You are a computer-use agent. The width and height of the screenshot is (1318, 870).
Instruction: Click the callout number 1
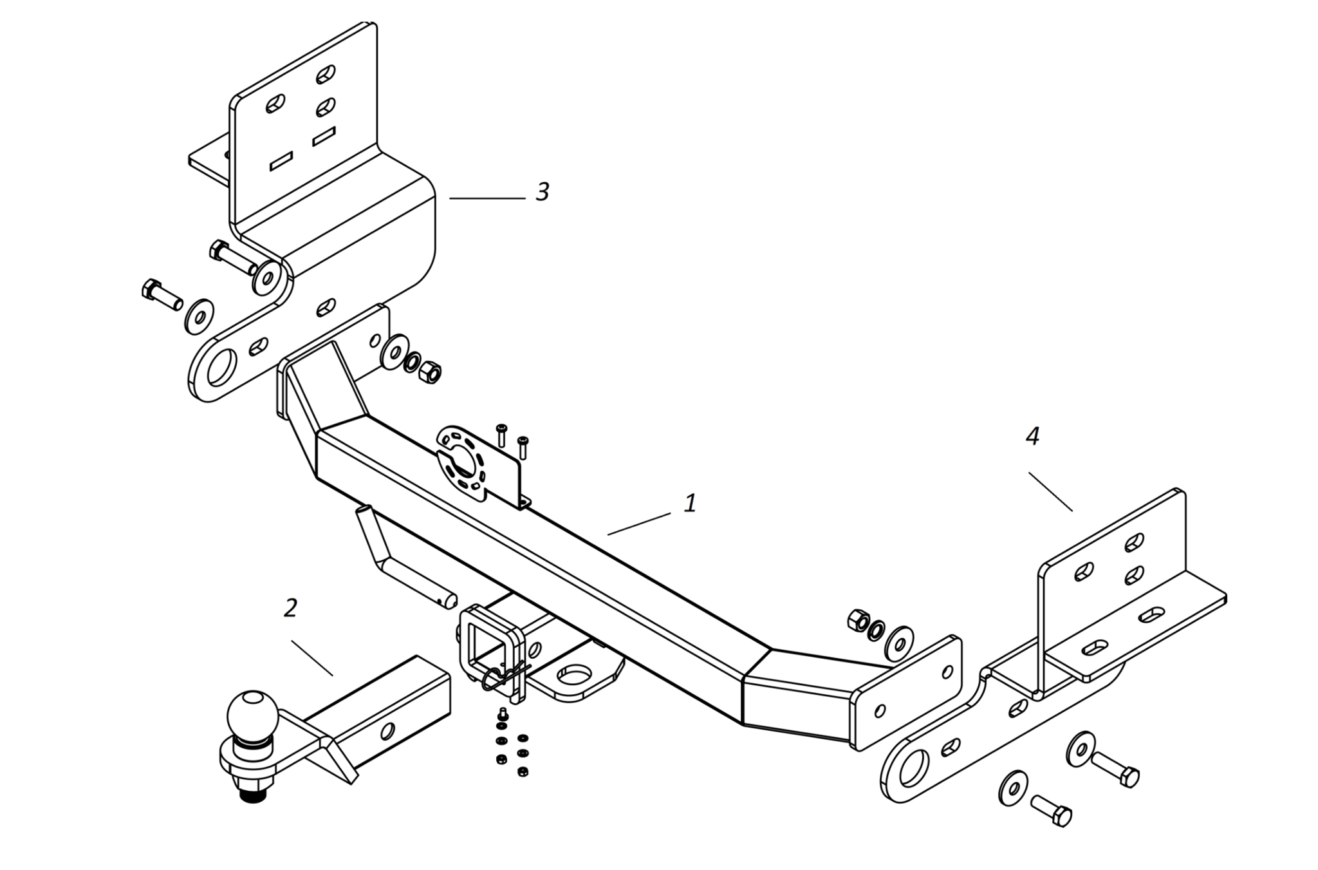pyautogui.click(x=690, y=503)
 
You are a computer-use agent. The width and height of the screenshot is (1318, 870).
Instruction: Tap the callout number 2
pyautogui.click(x=291, y=607)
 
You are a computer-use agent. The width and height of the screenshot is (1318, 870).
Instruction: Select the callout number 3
pyautogui.click(x=543, y=191)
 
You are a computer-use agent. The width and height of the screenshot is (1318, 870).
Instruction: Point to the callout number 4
pyautogui.click(x=1032, y=436)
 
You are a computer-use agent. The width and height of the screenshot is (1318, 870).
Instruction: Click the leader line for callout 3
pyautogui.click(x=487, y=198)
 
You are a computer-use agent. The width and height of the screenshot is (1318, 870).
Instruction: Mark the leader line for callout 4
pyautogui.click(x=1050, y=491)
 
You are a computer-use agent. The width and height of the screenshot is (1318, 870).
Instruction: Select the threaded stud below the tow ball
pyautogui.click(x=254, y=794)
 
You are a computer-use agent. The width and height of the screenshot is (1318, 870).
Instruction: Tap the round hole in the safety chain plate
pyautogui.click(x=574, y=675)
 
